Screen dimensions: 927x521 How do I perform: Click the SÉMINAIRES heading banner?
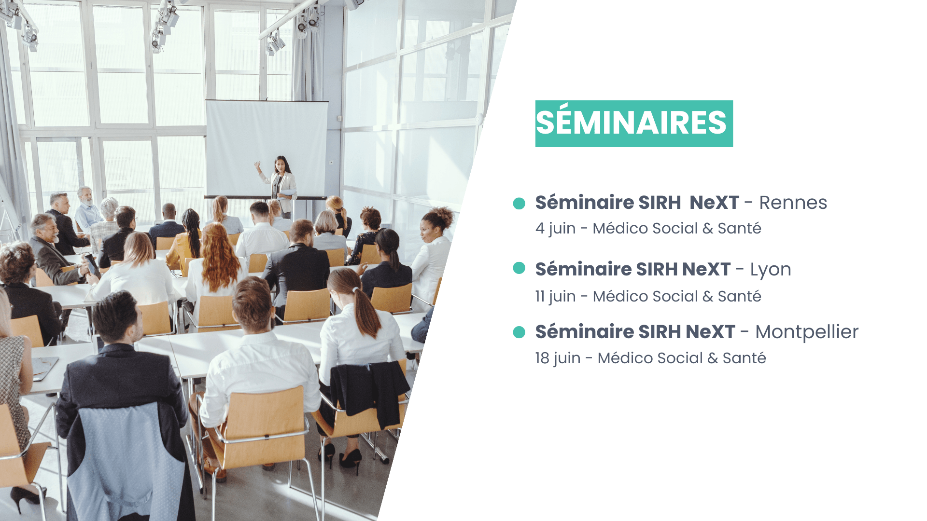634,123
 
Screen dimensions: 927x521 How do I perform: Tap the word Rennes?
793,203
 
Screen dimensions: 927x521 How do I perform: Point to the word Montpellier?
807,332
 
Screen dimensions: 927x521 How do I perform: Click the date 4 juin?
555,228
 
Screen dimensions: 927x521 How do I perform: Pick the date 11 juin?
555,296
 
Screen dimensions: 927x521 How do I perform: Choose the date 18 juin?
558,358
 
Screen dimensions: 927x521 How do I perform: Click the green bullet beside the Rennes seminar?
519,204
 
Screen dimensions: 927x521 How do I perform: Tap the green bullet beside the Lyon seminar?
519,268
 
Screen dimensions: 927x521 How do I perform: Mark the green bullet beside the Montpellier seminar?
519,332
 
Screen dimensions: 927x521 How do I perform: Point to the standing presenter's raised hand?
258,165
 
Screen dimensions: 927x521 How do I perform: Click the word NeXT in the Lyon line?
706,269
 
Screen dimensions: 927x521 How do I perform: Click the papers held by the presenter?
288,192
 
